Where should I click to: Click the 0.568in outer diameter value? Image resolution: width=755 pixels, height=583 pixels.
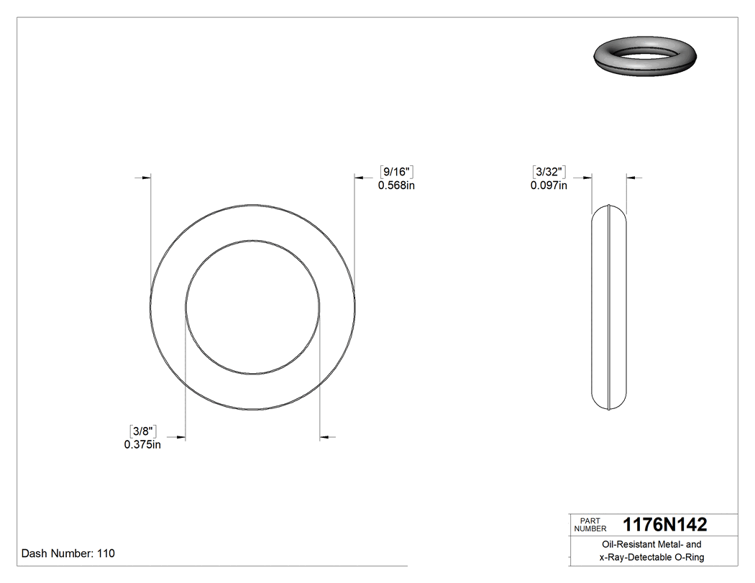point(397,185)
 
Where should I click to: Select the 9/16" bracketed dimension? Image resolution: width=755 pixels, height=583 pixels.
point(395,172)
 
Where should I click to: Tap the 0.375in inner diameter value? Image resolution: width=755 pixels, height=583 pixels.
point(142,444)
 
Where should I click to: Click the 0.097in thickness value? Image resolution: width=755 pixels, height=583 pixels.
point(549,185)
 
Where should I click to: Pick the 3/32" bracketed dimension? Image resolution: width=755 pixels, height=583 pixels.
point(549,172)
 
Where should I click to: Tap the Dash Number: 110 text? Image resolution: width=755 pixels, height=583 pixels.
point(68,554)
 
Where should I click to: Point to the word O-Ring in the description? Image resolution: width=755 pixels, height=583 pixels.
point(689,557)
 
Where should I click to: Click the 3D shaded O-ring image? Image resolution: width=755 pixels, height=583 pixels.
point(646,57)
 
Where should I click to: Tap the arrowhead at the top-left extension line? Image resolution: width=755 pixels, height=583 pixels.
point(146,177)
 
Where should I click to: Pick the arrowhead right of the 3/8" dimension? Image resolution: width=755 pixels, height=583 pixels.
point(180,436)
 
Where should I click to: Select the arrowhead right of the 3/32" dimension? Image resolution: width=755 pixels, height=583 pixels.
point(587,177)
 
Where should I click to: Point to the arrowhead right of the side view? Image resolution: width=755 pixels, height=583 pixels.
point(632,177)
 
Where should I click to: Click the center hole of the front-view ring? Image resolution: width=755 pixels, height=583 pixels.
point(252,307)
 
